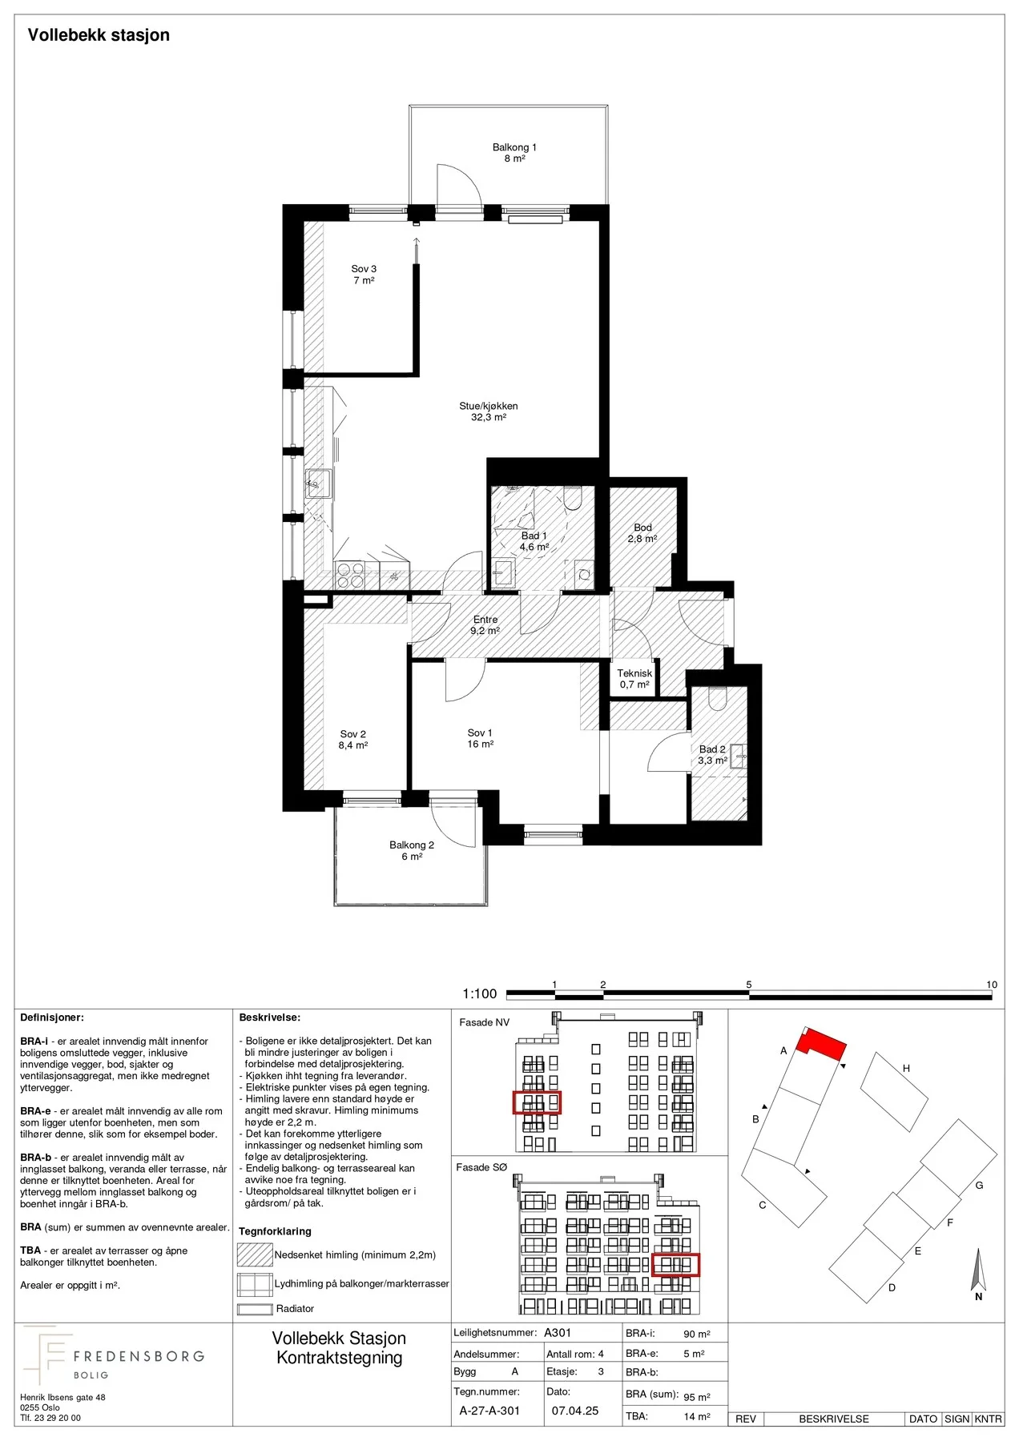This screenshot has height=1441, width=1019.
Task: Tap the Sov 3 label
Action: coord(364,275)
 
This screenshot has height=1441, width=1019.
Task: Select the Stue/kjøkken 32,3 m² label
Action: coord(489,411)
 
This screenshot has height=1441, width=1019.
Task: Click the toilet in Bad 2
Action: coord(716,700)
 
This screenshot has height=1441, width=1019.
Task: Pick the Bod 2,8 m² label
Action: coord(642,533)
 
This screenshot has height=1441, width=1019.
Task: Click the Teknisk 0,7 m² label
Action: coord(634,679)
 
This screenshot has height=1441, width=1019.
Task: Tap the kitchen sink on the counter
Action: coord(318,484)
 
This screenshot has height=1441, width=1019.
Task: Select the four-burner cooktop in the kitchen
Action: coord(349,575)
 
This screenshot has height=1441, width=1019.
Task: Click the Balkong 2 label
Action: coord(412,850)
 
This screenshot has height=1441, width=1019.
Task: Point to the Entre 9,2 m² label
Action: coord(485,625)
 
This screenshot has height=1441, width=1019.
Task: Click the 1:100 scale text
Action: coord(480,993)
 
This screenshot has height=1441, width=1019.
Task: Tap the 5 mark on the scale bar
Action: coord(749,985)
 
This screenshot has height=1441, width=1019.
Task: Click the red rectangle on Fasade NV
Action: coord(537,1102)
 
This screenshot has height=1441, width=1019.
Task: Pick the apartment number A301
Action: coord(558,1333)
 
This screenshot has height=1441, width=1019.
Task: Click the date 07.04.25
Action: coord(575,1411)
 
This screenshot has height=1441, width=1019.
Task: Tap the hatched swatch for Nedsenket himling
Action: coord(255,1254)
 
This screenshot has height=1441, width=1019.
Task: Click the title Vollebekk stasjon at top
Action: coord(99,35)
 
